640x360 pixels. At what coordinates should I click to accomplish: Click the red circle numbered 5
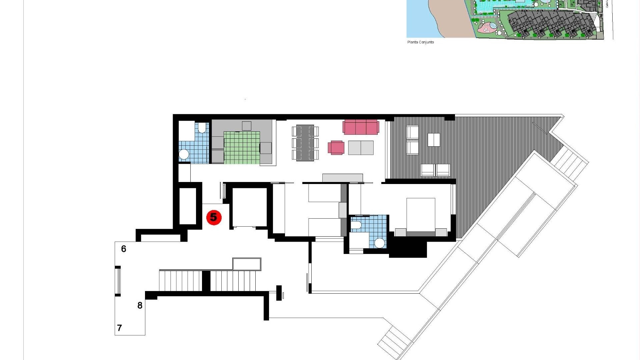pyautogui.click(x=214, y=218)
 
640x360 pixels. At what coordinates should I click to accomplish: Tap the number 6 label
pyautogui.click(x=124, y=249)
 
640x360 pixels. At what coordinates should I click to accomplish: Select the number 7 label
pyautogui.click(x=120, y=328)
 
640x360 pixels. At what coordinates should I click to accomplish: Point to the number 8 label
pyautogui.click(x=140, y=305)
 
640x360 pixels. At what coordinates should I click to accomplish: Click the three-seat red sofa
pyautogui.click(x=361, y=127)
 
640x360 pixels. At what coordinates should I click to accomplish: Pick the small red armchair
pyautogui.click(x=336, y=148)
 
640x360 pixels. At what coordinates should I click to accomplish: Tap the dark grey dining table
pyautogui.click(x=305, y=143)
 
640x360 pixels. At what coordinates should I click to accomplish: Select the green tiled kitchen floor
pyautogui.click(x=242, y=148)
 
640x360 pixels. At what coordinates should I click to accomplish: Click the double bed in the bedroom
pyautogui.click(x=421, y=215)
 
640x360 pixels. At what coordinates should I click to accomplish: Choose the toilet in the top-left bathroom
pyautogui.click(x=202, y=128)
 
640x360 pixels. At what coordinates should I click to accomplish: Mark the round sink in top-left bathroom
pyautogui.click(x=184, y=154)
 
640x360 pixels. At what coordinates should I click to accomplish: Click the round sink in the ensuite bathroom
pyautogui.click(x=380, y=243)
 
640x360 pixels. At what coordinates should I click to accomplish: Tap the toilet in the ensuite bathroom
pyautogui.click(x=356, y=225)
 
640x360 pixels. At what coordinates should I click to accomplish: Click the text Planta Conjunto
pyautogui.click(x=420, y=42)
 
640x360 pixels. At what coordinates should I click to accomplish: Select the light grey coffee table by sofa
pyautogui.click(x=361, y=148)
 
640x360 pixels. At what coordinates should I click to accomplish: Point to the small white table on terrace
pyautogui.click(x=433, y=140)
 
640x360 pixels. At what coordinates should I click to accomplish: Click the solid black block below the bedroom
pyautogui.click(x=408, y=248)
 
